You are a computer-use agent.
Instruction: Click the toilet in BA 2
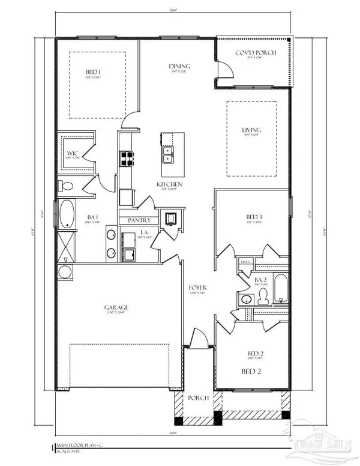[263, 296]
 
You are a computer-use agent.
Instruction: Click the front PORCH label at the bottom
[198, 398]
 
